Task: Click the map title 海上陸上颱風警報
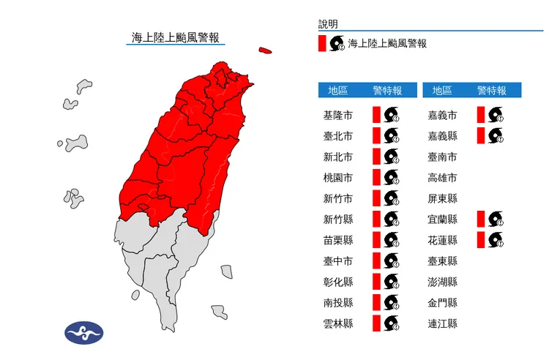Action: coord(176,37)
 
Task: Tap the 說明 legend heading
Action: coord(329,24)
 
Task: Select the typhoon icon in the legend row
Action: coord(337,43)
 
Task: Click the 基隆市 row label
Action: coord(337,116)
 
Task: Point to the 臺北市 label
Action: coord(337,136)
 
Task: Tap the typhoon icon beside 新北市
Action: coord(392,157)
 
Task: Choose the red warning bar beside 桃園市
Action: coord(376,178)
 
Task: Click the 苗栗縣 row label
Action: coord(337,240)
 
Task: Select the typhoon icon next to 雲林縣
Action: coord(392,323)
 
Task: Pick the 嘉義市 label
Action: coord(442,116)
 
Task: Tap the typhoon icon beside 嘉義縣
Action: coord(496,135)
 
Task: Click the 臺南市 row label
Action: coord(442,157)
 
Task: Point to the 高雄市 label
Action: coord(442,178)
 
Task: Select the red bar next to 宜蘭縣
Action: coord(479,219)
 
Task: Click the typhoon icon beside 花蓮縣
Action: coord(496,240)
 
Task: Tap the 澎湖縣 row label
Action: coord(442,282)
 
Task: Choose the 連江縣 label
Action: coord(442,323)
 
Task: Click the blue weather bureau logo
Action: coord(84,333)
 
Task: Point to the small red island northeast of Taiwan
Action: coord(264,51)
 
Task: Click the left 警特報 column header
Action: coord(387,91)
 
